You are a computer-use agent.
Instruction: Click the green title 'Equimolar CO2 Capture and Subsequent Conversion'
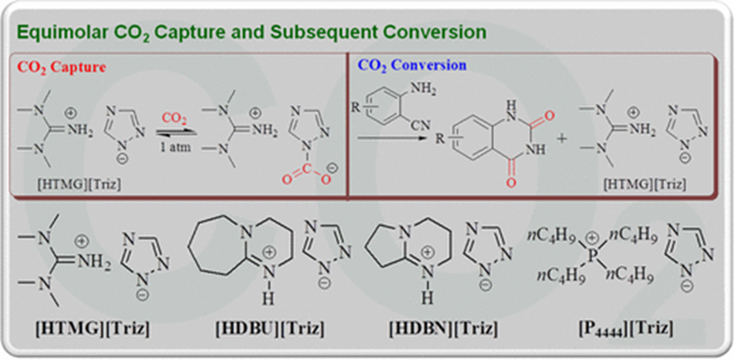[x=251, y=32]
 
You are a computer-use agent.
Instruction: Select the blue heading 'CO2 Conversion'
[x=412, y=66]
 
